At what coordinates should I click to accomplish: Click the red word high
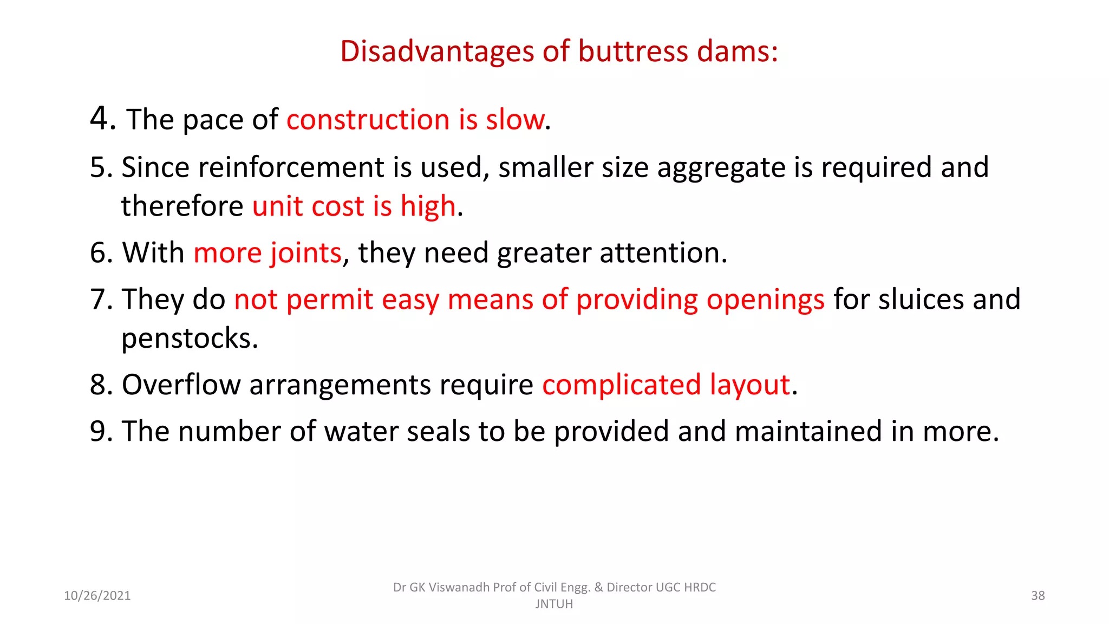click(428, 206)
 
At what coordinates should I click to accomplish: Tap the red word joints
click(306, 253)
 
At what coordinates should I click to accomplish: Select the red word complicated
click(622, 385)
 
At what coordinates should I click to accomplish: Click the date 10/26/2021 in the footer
click(97, 596)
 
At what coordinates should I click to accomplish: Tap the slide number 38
click(1038, 596)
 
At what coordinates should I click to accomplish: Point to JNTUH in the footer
click(554, 604)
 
